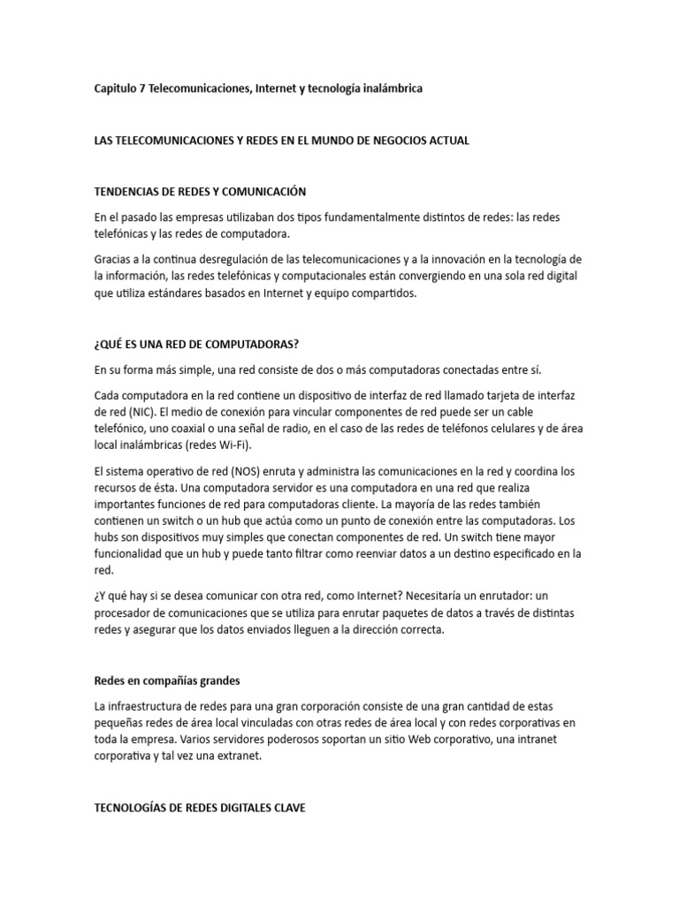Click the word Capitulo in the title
coord(118,89)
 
